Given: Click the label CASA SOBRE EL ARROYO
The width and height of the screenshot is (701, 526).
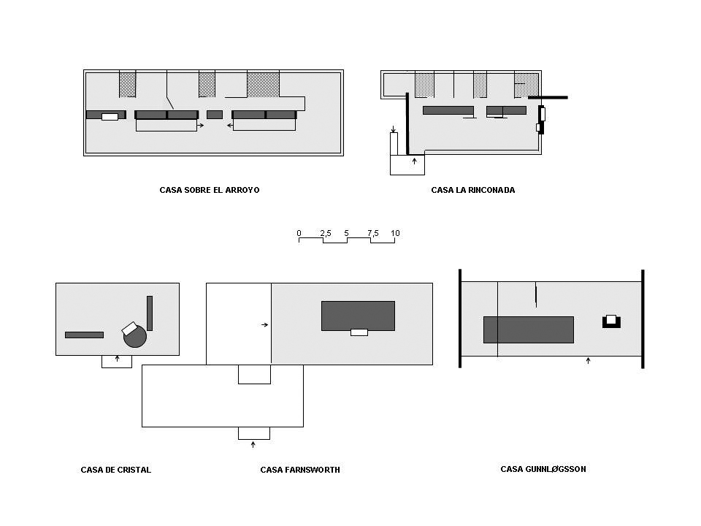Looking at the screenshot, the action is tap(210, 190).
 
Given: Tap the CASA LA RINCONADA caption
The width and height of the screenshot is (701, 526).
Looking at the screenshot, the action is tap(473, 190).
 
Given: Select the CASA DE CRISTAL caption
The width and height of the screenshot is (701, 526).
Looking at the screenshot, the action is tap(116, 470).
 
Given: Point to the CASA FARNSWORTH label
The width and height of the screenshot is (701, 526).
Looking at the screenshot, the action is tap(300, 470).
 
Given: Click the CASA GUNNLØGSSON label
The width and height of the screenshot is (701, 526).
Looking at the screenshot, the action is tap(543, 469).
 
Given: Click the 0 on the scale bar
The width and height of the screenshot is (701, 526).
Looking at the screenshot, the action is tap(299, 233).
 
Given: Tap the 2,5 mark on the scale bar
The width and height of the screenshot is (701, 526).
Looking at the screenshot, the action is tap(326, 233).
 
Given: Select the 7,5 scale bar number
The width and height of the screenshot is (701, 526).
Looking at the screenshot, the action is tap(373, 233).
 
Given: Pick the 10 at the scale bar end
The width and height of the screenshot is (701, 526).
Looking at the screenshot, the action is tap(395, 233).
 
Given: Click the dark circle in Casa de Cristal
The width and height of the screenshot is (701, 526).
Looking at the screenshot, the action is tap(136, 337).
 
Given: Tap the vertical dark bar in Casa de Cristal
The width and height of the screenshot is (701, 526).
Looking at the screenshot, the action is tap(150, 313).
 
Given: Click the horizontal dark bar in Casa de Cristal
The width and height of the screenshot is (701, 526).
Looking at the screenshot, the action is tap(84, 335).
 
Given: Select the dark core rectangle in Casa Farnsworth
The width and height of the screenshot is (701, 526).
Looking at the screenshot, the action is tap(358, 315).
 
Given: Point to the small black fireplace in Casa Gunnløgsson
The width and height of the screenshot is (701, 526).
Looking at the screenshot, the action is tap(611, 321).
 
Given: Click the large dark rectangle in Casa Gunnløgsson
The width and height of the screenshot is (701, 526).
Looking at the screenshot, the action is tap(529, 329).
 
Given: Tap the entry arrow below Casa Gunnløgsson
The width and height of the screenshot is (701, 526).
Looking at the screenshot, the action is tap(589, 360).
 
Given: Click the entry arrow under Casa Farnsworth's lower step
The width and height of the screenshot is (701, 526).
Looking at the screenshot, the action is tap(253, 444).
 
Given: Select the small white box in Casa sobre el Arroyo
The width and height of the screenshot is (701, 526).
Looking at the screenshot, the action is tap(110, 117).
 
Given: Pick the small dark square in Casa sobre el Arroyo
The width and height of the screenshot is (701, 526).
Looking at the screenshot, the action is tap(215, 115).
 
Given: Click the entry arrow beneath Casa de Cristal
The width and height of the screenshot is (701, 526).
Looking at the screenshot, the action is tap(118, 359).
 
